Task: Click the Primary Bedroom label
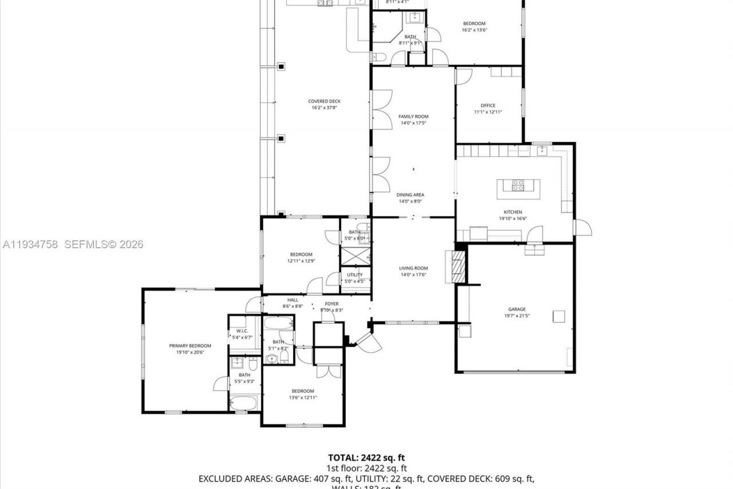coord(190,346)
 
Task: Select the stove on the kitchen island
coord(518,185)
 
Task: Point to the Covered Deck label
coord(324,101)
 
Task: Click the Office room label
coord(488,105)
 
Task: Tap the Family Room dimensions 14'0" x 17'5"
coord(413,123)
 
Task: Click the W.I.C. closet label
coord(242,331)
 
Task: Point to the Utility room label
coord(354,275)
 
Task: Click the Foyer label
coord(332,304)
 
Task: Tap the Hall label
coord(293,300)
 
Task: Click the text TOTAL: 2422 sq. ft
coord(366,457)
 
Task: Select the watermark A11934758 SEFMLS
coord(72,244)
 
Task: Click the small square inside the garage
coord(558,316)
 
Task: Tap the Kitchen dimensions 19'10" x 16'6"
coord(513,218)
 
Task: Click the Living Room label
coord(413,268)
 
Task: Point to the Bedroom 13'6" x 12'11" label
coord(302,391)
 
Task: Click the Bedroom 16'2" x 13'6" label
coord(474,24)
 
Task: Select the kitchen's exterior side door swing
coord(583,228)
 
